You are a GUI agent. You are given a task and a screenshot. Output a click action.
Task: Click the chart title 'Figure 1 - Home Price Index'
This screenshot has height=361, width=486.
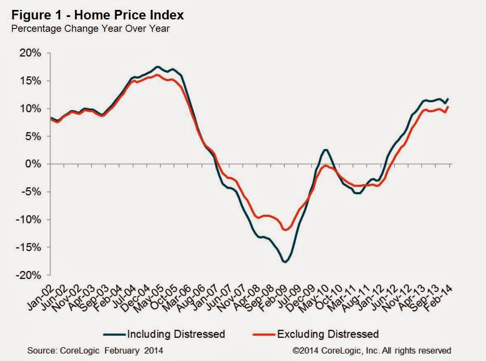pos(97,16)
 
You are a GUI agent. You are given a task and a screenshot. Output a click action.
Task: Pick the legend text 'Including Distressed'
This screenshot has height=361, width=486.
pos(176,333)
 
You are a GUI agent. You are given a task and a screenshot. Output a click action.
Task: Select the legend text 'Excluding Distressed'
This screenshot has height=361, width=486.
pos(328,333)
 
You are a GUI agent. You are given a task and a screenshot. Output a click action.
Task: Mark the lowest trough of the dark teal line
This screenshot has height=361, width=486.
pos(285,262)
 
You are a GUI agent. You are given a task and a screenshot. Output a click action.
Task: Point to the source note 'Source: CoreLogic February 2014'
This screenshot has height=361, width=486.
pos(95,351)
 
